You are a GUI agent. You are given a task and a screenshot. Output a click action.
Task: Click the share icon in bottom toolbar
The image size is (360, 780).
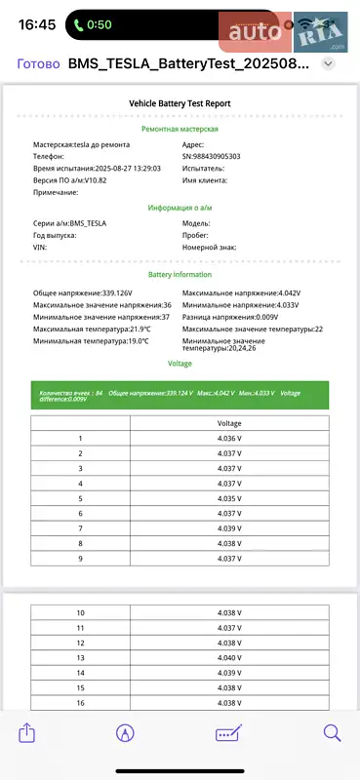[27, 733]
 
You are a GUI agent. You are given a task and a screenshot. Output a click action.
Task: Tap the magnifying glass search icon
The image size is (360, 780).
[332, 733]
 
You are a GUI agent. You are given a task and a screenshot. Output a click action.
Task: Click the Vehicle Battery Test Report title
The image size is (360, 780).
[180, 102]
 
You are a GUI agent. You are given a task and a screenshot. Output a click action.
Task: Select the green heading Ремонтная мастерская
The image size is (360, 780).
[180, 129]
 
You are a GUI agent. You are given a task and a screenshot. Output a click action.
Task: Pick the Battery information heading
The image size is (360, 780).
[180, 275]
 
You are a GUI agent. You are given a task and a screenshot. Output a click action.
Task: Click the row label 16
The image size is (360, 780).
[80, 703]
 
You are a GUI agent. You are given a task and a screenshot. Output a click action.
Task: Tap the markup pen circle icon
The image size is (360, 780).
[125, 733]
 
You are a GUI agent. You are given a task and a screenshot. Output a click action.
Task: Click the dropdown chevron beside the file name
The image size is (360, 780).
[329, 63]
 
